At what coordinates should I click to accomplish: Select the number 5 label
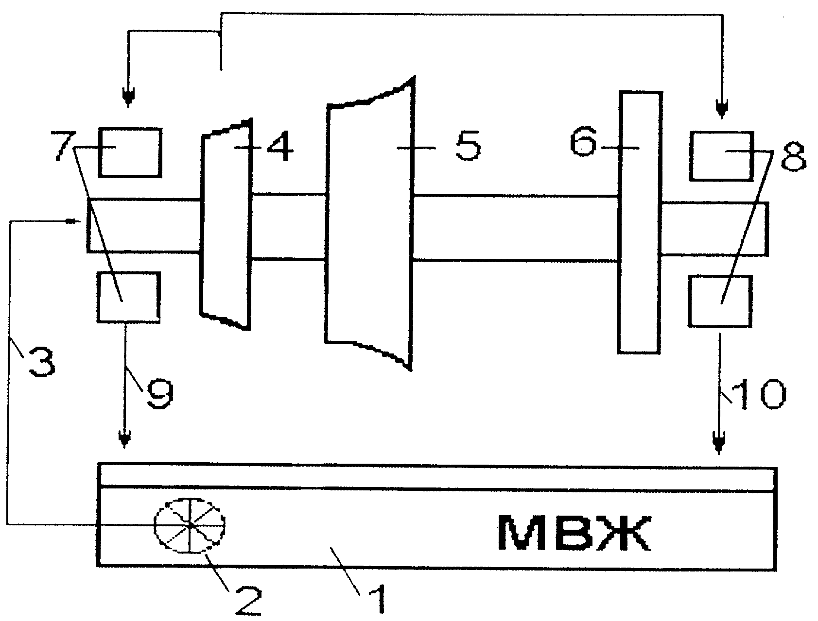coord(467,145)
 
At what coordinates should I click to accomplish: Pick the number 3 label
coord(42,362)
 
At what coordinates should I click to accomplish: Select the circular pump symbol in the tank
coord(189,525)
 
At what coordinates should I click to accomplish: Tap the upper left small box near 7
coord(129,152)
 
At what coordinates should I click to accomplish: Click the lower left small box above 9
coord(128,297)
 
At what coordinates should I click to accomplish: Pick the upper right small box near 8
coord(722,155)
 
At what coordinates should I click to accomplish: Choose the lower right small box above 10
coord(721,301)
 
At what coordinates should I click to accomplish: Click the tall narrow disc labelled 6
coord(639,221)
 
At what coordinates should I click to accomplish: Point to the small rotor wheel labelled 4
coord(226,224)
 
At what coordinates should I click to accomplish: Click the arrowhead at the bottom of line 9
coord(125,439)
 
